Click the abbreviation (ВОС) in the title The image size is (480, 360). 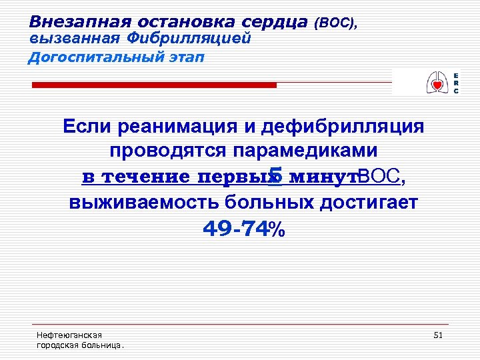coord(338,23)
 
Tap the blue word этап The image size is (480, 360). coord(183,57)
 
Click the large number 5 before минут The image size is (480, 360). coord(273,175)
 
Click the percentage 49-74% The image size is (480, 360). coord(243,229)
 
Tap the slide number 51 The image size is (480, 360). coord(438,335)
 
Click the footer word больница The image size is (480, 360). coord(103,345)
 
